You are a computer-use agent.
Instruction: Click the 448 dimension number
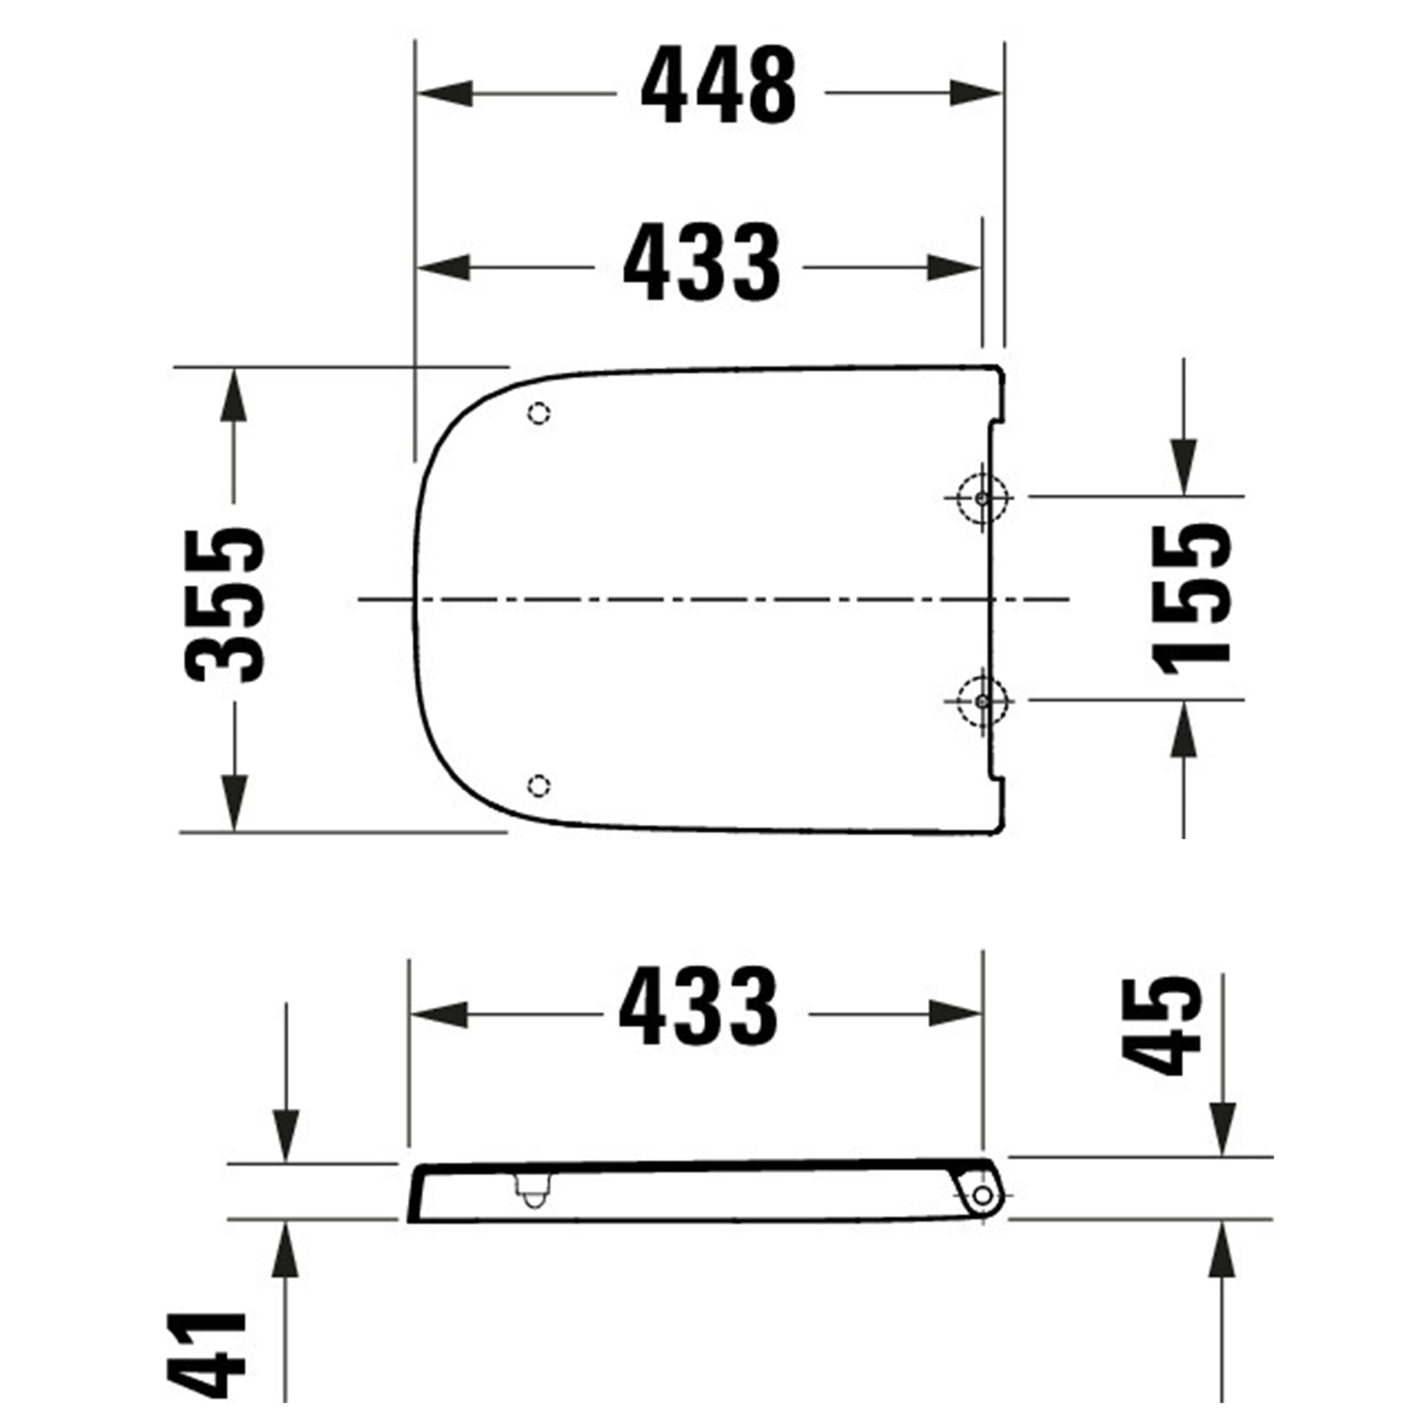[x=718, y=86]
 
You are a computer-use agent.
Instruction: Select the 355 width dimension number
[x=225, y=604]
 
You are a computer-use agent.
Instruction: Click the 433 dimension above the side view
[x=698, y=1007]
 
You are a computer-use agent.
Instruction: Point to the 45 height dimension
[x=1162, y=1025]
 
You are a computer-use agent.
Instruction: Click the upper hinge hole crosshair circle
[x=981, y=499]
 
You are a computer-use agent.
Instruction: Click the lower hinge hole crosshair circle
[x=981, y=701]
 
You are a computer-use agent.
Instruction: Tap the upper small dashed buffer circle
[x=539, y=414]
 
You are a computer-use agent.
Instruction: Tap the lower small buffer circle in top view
[x=539, y=785]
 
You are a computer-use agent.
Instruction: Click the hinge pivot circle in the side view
[x=982, y=1195]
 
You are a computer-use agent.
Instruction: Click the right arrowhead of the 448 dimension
[x=976, y=93]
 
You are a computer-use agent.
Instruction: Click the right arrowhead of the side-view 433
[x=955, y=1014]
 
